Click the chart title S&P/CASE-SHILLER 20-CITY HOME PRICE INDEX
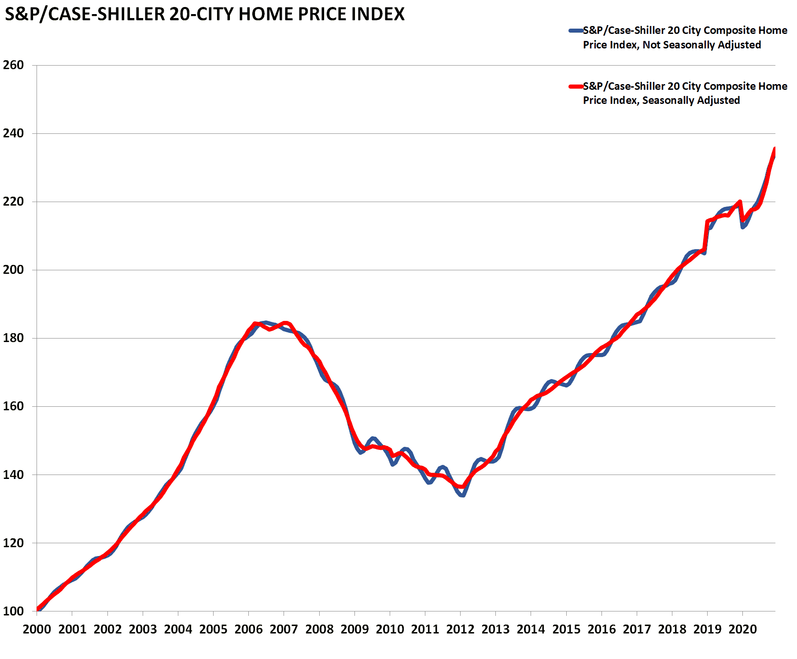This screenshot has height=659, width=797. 204,15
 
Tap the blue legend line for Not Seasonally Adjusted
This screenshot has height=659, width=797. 576,31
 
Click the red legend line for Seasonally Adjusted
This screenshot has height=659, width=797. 576,86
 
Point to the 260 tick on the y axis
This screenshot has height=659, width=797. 13,65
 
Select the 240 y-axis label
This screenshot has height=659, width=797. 13,133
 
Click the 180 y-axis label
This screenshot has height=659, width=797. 13,338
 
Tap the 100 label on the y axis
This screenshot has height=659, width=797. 13,611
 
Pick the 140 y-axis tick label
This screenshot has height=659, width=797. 13,475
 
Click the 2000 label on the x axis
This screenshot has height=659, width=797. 37,629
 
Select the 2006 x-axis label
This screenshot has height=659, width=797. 248,629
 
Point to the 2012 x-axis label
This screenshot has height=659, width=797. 460,629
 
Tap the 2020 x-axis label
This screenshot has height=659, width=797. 742,629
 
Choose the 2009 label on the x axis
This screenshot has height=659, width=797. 354,629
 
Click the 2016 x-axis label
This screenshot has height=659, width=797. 601,629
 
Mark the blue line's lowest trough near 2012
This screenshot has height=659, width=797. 462,495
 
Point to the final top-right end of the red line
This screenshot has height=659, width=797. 775,149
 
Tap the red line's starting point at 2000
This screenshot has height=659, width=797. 38,609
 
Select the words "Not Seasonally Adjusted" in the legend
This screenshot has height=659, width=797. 701,45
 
